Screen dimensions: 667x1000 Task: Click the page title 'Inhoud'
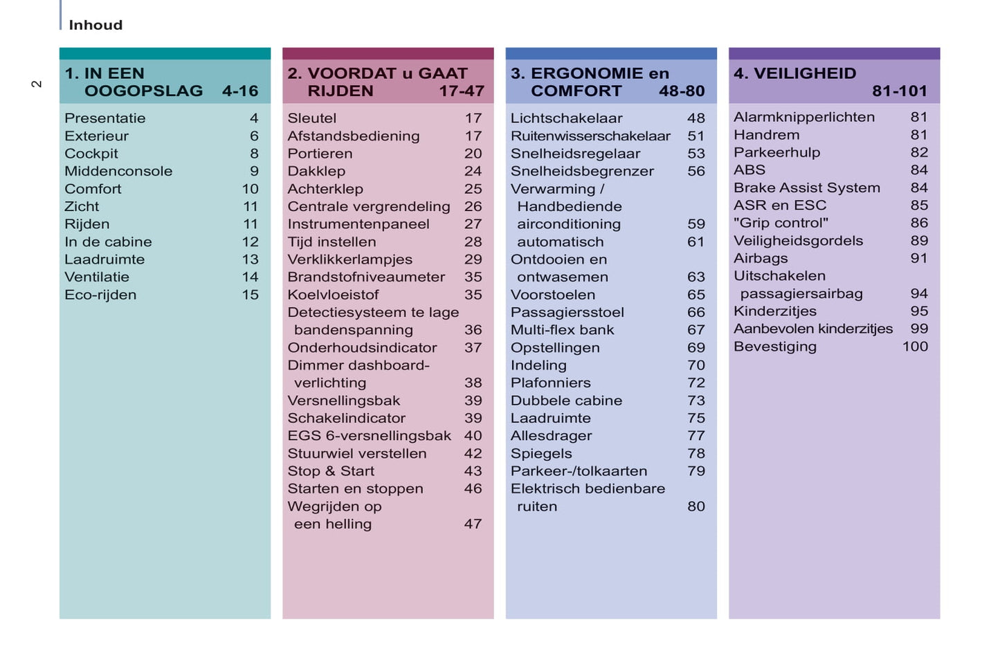pyautogui.click(x=96, y=25)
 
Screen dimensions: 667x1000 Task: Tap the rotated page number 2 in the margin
pyautogui.click(x=37, y=84)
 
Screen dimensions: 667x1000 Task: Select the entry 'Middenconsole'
pyautogui.click(x=118, y=171)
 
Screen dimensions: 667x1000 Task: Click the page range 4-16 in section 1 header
pyautogui.click(x=239, y=91)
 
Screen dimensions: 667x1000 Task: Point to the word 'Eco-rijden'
pyautogui.click(x=100, y=295)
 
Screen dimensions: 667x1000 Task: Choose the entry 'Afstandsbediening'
pyautogui.click(x=354, y=136)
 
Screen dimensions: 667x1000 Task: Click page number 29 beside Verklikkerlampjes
pyautogui.click(x=473, y=259)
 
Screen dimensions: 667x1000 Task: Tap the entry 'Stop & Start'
pyautogui.click(x=331, y=471)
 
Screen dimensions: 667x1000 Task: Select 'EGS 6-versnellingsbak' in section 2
pyautogui.click(x=369, y=436)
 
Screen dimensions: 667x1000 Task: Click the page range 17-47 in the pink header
pyautogui.click(x=461, y=91)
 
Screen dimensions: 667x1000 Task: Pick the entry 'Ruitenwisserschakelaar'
pyautogui.click(x=590, y=136)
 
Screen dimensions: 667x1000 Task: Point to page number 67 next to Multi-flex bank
pyautogui.click(x=696, y=330)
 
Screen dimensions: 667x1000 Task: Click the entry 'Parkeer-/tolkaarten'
pyautogui.click(x=579, y=471)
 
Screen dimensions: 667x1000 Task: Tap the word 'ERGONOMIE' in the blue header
pyautogui.click(x=587, y=73)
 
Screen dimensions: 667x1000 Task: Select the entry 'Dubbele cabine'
pyautogui.click(x=566, y=401)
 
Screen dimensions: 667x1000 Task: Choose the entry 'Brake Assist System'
pyautogui.click(x=807, y=188)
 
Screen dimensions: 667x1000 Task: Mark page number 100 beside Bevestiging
pyautogui.click(x=914, y=347)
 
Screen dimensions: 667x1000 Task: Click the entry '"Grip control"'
pyautogui.click(x=781, y=223)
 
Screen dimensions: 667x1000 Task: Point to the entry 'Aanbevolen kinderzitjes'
pyautogui.click(x=813, y=329)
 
